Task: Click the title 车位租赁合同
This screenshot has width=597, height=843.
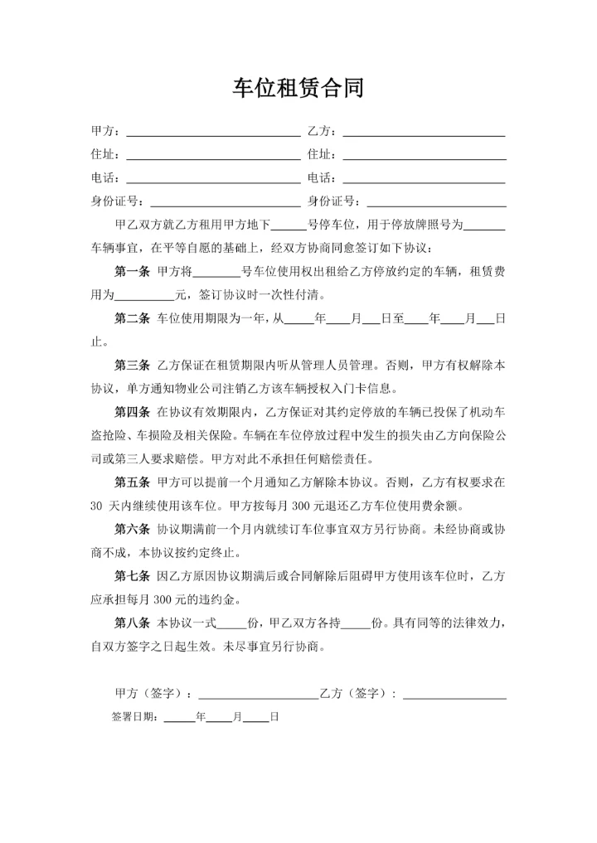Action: pos(298,89)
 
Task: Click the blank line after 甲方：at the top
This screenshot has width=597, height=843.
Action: pos(213,133)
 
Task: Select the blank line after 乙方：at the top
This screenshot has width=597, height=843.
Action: pos(424,133)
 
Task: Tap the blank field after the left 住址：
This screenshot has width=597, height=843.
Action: pos(213,156)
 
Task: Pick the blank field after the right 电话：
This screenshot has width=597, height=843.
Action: pos(424,179)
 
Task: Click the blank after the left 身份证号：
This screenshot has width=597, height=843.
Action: pos(225,202)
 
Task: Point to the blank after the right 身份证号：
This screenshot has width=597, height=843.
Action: pos(436,202)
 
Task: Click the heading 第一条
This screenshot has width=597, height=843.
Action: pos(131,271)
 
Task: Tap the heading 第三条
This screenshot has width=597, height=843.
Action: pos(131,365)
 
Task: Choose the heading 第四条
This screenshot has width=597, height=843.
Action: pos(131,412)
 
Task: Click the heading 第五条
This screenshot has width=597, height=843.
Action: pos(131,482)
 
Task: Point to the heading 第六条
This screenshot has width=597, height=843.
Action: pos(131,529)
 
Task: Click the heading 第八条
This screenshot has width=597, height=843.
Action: pos(131,623)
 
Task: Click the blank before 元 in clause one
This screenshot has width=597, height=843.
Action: pos(143,294)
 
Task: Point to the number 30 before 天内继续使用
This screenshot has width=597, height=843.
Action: pos(97,506)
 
